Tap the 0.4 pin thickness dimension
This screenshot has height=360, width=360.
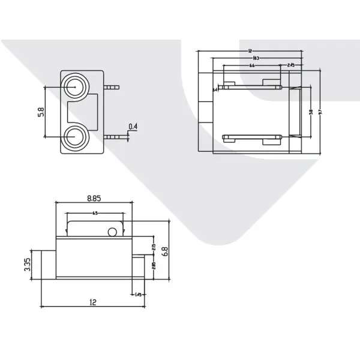133,126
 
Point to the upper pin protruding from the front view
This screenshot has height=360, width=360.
112,88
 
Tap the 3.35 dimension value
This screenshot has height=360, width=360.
28,265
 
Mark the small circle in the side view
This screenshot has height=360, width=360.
112,232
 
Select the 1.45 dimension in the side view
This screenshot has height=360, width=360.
138,294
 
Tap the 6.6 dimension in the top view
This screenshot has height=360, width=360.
251,65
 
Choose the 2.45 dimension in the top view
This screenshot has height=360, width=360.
290,65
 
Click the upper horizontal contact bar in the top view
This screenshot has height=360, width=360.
251,87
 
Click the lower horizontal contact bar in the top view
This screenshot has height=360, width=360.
251,137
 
